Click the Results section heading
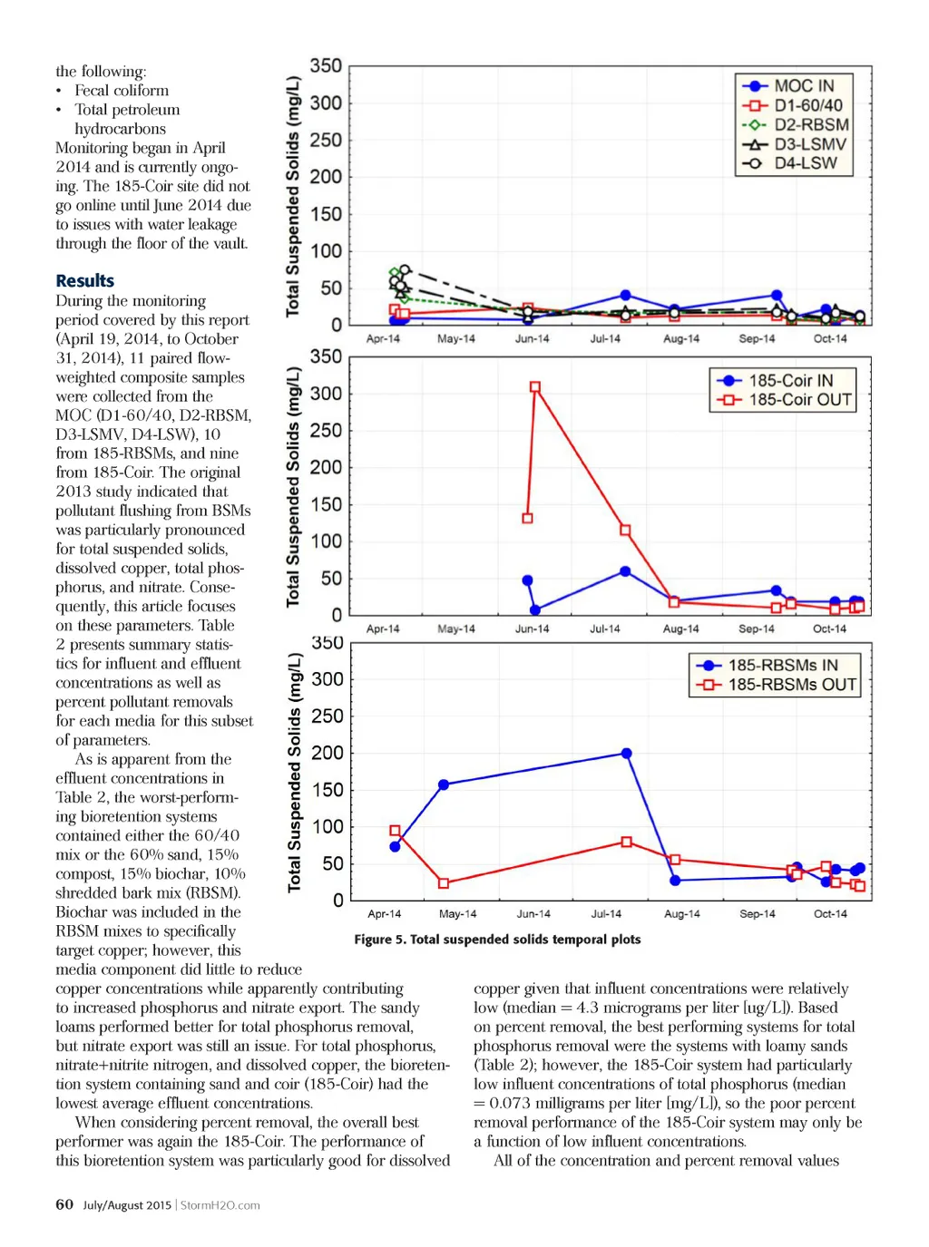click(84, 281)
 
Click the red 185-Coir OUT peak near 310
click(535, 387)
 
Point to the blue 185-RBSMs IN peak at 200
click(626, 754)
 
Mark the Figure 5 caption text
click(497, 940)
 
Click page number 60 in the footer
click(64, 1204)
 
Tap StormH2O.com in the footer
click(220, 1205)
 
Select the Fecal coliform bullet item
click(122, 91)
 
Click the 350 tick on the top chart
click(326, 66)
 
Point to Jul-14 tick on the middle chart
click(605, 628)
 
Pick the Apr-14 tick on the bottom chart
click(384, 913)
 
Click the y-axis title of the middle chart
click(293, 487)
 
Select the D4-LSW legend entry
click(805, 164)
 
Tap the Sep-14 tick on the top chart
click(757, 338)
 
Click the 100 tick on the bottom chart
click(328, 826)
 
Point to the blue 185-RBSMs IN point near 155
click(444, 784)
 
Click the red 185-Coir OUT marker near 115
click(625, 531)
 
